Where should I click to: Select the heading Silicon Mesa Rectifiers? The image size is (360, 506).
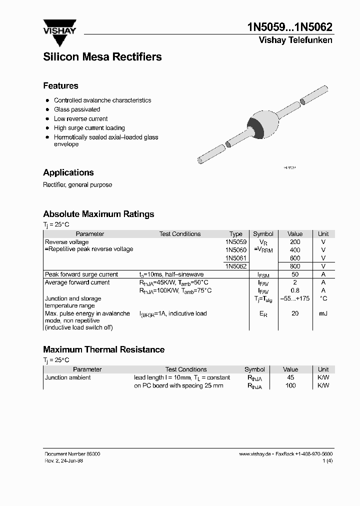102,57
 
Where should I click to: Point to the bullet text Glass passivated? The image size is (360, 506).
77,109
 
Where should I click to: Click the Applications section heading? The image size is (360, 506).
68,172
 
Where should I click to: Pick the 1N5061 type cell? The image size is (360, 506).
235,258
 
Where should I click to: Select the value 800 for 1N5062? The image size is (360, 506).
295,266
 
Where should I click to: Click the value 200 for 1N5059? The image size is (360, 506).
295,242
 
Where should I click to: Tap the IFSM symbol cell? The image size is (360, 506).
263,275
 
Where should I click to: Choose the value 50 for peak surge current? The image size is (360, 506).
295,274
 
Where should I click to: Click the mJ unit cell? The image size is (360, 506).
323,313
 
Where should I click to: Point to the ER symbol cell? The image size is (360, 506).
263,314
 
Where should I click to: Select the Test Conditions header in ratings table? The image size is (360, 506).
180,234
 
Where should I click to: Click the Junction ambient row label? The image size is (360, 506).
68,377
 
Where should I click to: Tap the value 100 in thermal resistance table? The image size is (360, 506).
290,385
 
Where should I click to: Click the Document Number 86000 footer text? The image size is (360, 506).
72,453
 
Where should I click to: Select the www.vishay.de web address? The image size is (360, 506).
255,453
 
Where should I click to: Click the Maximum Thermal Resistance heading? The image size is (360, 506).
103,349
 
